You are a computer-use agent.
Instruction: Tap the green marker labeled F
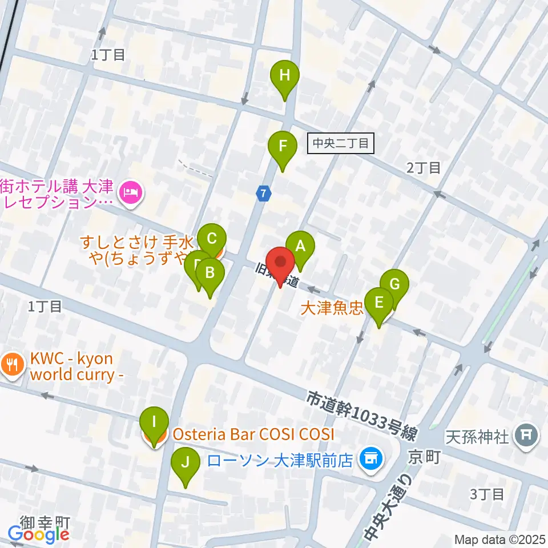(x=283, y=146)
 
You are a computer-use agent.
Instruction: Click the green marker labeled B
(x=209, y=272)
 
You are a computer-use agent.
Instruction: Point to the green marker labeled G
(x=394, y=284)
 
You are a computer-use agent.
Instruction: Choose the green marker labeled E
(x=379, y=302)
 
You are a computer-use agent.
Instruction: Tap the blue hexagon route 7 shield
(x=263, y=194)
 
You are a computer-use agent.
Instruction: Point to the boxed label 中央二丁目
(x=340, y=143)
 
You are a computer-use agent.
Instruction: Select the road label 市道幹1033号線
(x=361, y=414)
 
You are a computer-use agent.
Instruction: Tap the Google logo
(x=39, y=534)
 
